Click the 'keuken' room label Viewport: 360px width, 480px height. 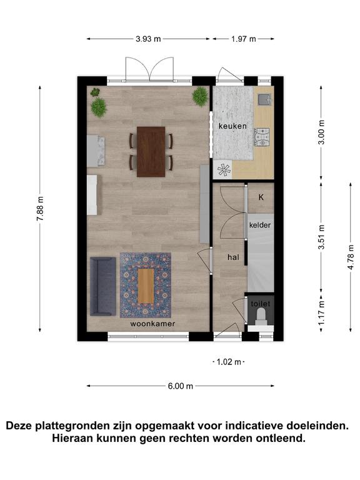(232, 126)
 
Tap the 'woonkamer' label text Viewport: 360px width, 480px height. (152, 324)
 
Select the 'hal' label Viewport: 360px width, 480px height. (233, 257)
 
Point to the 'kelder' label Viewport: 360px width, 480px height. (260, 225)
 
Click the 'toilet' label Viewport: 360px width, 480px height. (261, 304)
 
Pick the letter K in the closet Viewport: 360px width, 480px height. (261, 197)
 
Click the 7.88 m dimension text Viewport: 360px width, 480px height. (40, 209)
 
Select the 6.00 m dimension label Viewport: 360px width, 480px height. (180, 386)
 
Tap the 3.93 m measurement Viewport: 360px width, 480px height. (149, 39)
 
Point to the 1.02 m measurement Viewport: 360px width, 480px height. (229, 362)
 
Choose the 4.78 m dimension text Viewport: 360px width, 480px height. (351, 257)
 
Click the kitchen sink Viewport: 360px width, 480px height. (264, 99)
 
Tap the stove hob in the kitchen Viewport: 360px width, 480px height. (262, 137)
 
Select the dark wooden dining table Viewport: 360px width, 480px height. (151, 152)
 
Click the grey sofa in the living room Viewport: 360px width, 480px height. (103, 286)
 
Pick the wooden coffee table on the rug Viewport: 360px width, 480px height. (146, 286)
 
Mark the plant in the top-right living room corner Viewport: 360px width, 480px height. (200, 96)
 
